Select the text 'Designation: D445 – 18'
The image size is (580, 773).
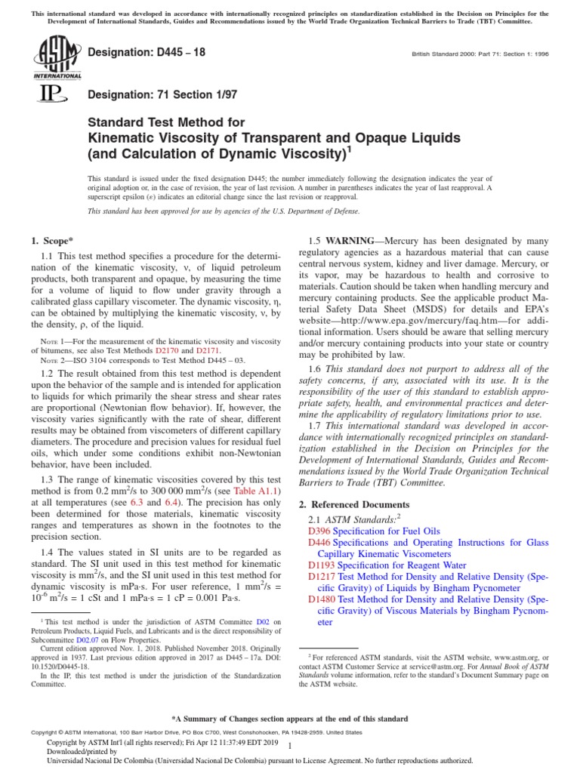coord(147,52)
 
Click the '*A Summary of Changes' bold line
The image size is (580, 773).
coord(290,719)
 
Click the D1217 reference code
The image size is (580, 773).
coord(320,576)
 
